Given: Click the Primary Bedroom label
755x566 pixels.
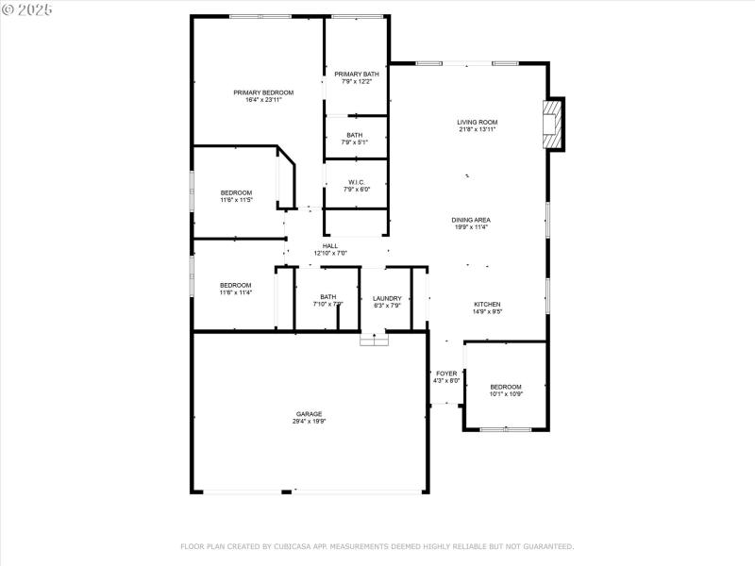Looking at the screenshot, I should pyautogui.click(x=263, y=92).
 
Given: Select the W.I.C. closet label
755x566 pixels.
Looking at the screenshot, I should pyautogui.click(x=356, y=182).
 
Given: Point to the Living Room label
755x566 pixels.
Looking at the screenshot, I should pyautogui.click(x=477, y=122).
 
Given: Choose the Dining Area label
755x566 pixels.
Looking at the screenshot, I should pyautogui.click(x=470, y=220).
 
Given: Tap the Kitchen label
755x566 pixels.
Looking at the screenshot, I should pyautogui.click(x=487, y=304).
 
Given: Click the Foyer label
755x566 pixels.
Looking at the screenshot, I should pyautogui.click(x=446, y=374).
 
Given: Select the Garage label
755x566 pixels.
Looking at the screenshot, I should pyautogui.click(x=309, y=414).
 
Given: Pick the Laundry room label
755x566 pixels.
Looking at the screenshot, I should pyautogui.click(x=387, y=298).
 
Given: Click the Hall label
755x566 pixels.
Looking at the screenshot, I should pyautogui.click(x=330, y=246).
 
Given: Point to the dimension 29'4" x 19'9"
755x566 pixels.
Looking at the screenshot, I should pyautogui.click(x=309, y=422).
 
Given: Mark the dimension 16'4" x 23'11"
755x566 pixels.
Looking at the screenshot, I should pyautogui.click(x=263, y=99).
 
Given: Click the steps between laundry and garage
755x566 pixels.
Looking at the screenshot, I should pyautogui.click(x=374, y=339).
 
